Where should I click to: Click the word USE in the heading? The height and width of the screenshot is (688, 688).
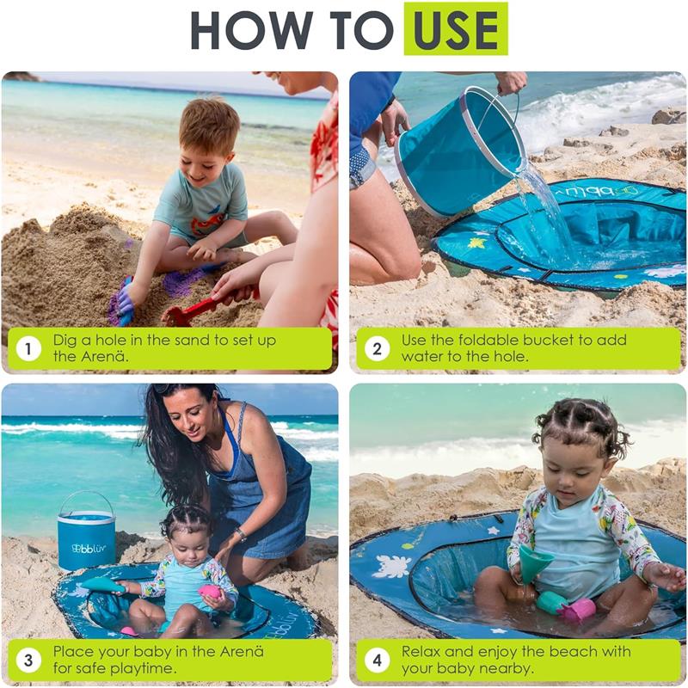(455, 29)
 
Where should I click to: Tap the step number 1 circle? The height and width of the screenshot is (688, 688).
(28, 348)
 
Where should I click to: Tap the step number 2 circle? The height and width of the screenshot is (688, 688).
(377, 348)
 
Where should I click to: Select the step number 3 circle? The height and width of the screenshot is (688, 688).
(28, 660)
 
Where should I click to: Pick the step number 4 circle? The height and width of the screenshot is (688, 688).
(377, 660)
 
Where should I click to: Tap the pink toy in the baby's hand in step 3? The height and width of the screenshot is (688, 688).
(209, 592)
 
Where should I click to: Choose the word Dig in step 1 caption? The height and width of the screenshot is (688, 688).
(66, 340)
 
